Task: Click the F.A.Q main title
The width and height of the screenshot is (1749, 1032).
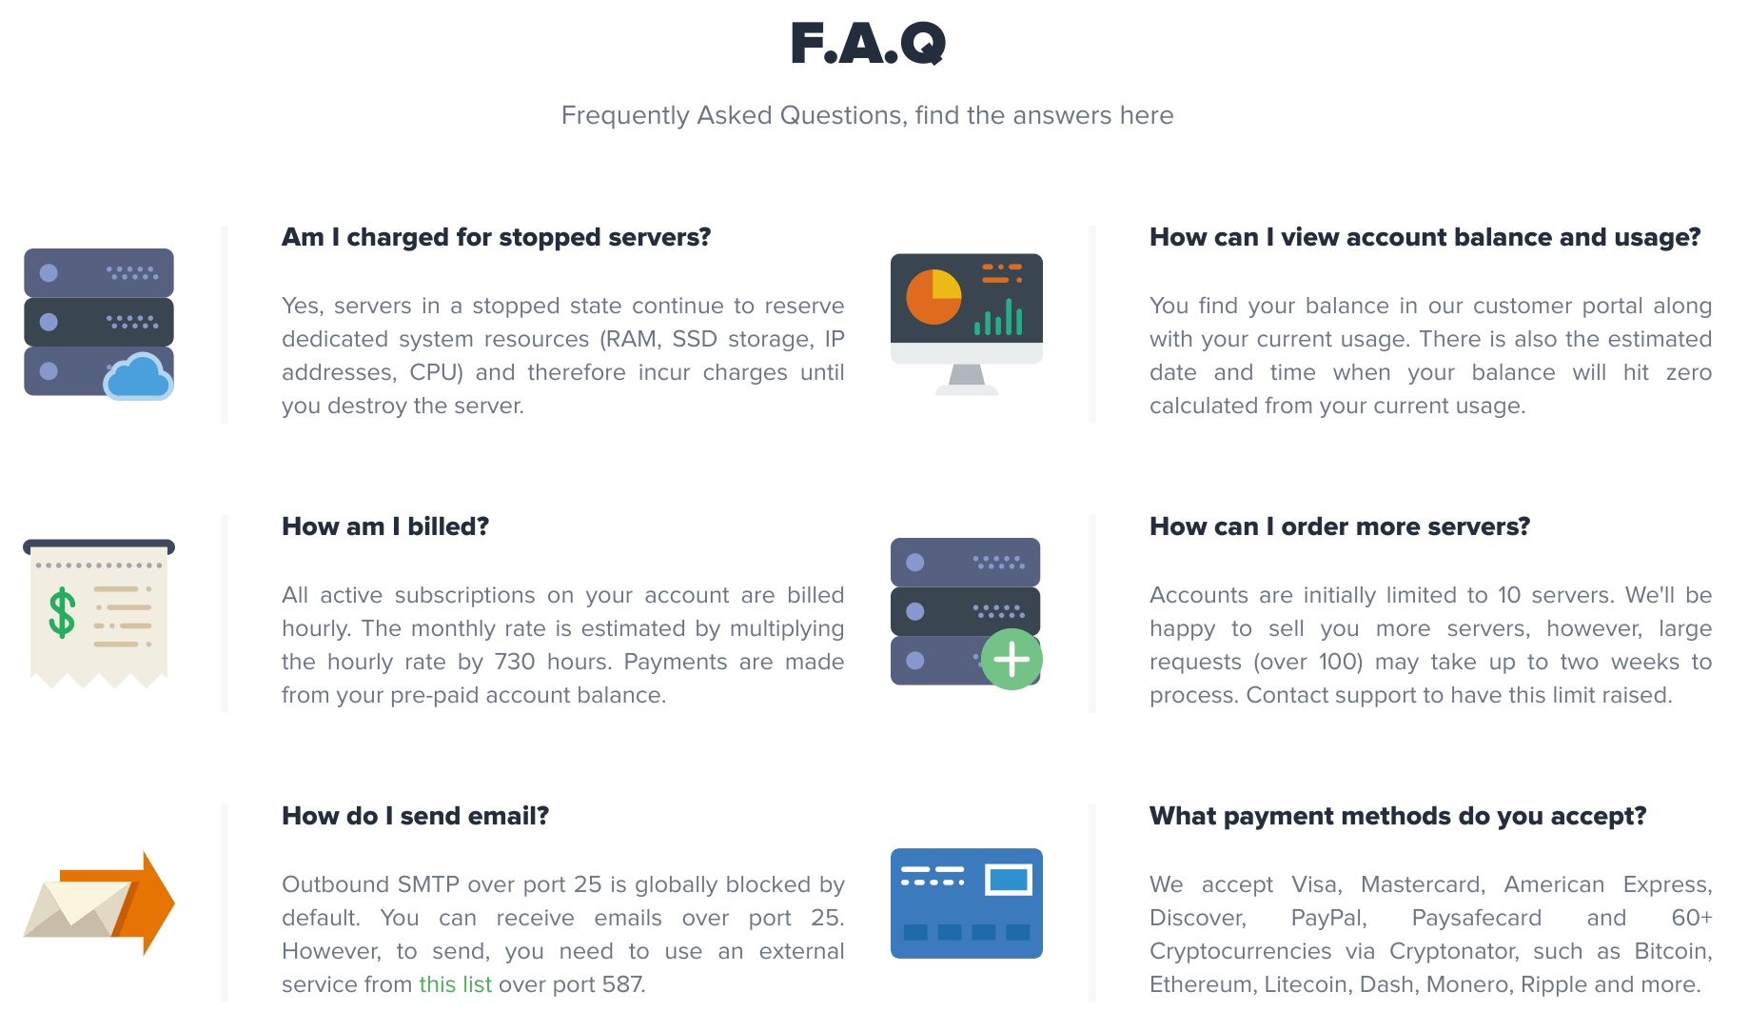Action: [x=868, y=44]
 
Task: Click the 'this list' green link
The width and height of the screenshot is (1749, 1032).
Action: [x=455, y=984]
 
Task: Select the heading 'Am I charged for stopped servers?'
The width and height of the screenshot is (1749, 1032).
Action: [x=496, y=237]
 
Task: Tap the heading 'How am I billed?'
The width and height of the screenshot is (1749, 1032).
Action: [x=385, y=526]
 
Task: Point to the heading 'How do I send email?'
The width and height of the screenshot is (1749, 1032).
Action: [x=415, y=816]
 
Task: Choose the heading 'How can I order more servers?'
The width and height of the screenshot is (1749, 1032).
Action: [x=1340, y=526]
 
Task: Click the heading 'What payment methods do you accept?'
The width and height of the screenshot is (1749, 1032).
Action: [x=1398, y=816]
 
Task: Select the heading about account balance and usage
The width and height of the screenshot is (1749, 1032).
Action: [x=1425, y=237]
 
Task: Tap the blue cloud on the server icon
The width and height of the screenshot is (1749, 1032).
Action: [x=139, y=377]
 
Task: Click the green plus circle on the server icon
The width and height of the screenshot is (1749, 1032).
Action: [x=1012, y=659]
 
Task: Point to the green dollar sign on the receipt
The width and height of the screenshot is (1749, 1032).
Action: [x=62, y=612]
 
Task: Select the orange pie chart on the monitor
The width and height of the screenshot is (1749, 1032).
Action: [x=933, y=297]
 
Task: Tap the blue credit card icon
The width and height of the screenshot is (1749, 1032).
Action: [x=967, y=903]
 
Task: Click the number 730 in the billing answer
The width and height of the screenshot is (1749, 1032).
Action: [x=515, y=662]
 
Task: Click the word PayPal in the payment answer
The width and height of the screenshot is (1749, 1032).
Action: [x=1328, y=918]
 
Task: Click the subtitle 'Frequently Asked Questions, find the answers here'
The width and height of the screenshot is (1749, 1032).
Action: [x=868, y=115]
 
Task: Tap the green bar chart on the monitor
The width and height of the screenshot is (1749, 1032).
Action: [x=998, y=317]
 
